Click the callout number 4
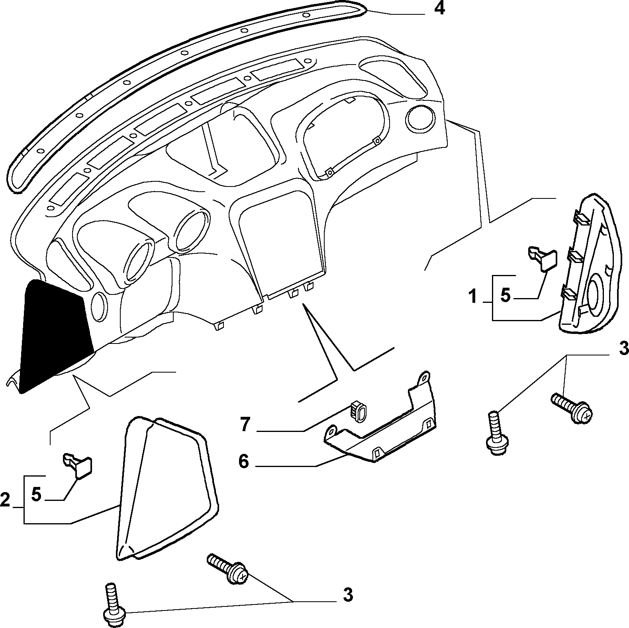point(439,9)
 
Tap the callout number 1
point(473,296)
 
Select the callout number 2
point(6,499)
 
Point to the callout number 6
point(243,462)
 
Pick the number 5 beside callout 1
point(505,296)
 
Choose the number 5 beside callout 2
point(36,495)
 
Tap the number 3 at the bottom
point(348,595)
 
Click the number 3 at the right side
point(623,348)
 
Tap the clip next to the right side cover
point(543,259)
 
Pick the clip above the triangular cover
point(78,464)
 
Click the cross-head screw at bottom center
point(227,567)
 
